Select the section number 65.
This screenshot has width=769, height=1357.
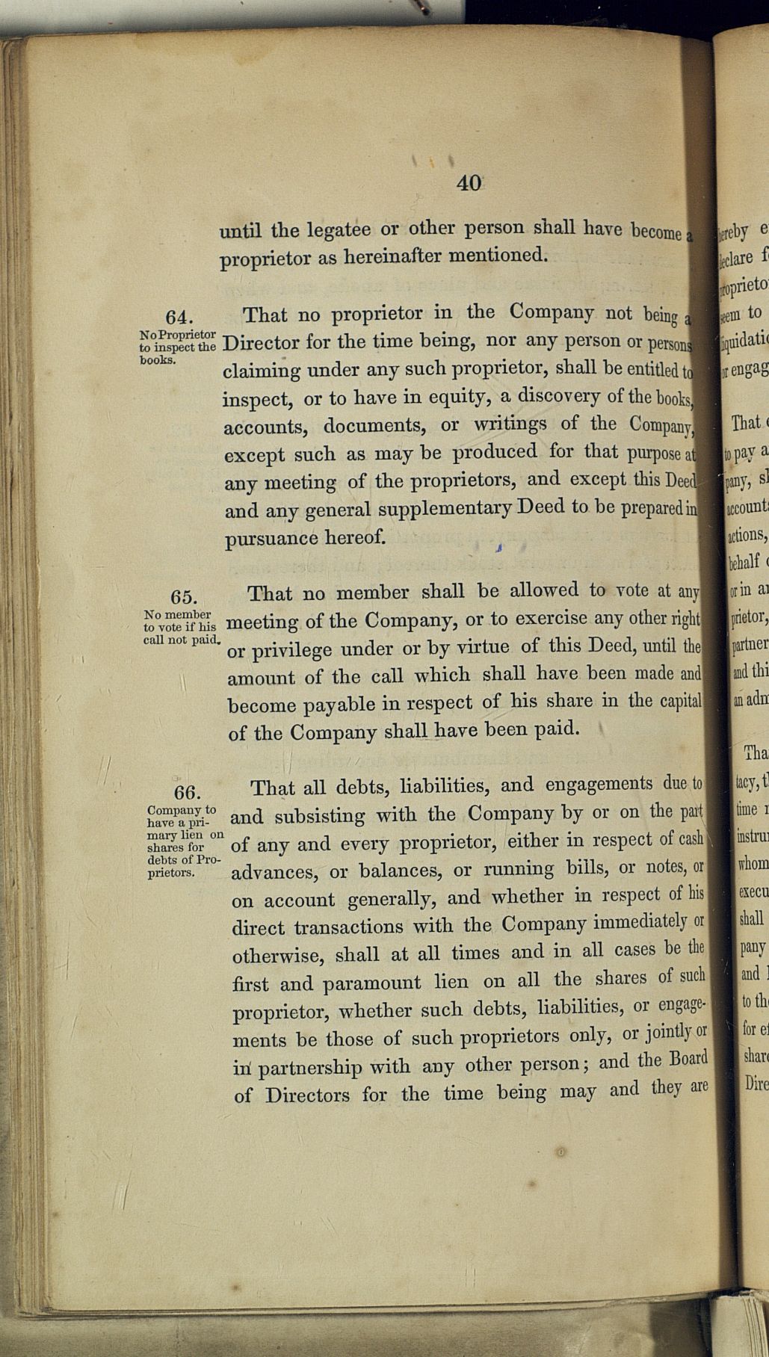tap(184, 597)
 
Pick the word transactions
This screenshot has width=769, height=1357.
tap(348, 927)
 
